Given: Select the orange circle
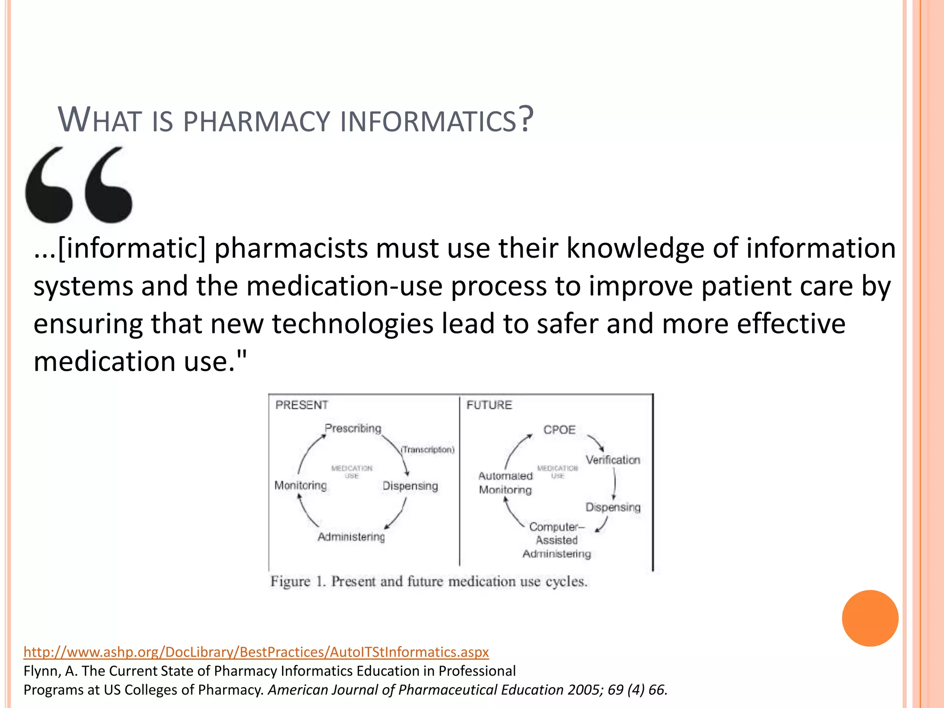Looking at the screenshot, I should coord(870,618).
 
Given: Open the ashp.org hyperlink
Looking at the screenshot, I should coord(256,652).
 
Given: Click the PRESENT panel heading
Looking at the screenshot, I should coord(301,405).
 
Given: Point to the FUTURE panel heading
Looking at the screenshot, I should coord(489,405).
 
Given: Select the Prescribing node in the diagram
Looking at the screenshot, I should coord(353,428).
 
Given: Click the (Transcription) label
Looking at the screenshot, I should coord(427,449).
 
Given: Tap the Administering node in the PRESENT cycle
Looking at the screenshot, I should coord(351,537).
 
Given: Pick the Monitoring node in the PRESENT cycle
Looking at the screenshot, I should coord(301,485).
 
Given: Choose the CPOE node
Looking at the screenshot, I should coord(559,430).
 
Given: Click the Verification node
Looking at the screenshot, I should coord(613,460).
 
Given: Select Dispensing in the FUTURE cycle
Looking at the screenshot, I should coord(613,507).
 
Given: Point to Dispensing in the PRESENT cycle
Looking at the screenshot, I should coord(410,486).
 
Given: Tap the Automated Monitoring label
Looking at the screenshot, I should coord(506,483).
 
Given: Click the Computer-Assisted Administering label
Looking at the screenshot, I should coord(557,540).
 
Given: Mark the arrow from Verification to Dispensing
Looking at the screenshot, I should coord(614,484).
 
